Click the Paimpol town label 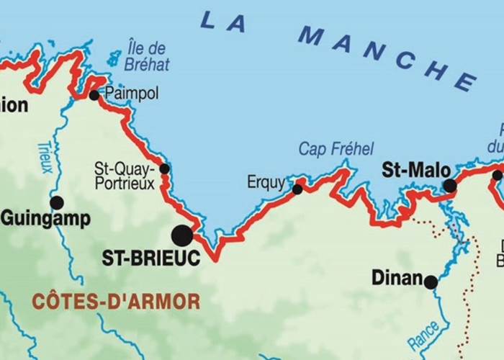(x=131, y=94)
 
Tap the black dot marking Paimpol (x=94, y=95)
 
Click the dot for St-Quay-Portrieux (x=164, y=169)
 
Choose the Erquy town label (x=266, y=182)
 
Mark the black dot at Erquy (x=297, y=189)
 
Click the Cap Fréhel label (x=336, y=149)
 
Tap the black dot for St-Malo (x=450, y=186)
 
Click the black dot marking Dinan (x=431, y=282)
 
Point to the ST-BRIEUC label (x=150, y=258)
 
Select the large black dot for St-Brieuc (x=182, y=235)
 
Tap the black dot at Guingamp (x=57, y=202)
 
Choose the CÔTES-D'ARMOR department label (x=115, y=301)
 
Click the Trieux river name (x=45, y=157)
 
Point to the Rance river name (x=423, y=338)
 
